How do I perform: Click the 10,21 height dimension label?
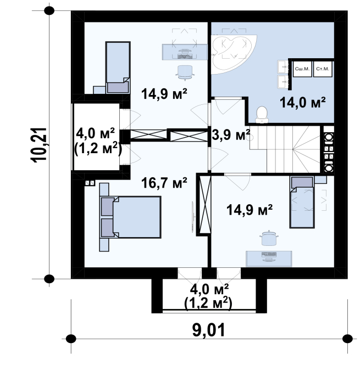pyautogui.click(x=39, y=145)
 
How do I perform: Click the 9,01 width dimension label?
pyautogui.click(x=209, y=330)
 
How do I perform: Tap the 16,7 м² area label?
pyautogui.click(x=164, y=183)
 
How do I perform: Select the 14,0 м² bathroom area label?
pyautogui.click(x=302, y=103)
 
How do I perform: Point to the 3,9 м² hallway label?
pyautogui.click(x=231, y=135)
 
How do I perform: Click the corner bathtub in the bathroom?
pyautogui.click(x=233, y=55)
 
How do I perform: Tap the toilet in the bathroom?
pyautogui.click(x=262, y=115)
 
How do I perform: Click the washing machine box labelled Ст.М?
pyautogui.click(x=323, y=69)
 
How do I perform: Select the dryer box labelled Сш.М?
pyautogui.click(x=302, y=69)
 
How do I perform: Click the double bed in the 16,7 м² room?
pyautogui.click(x=131, y=217)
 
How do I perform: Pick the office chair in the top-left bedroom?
pyautogui.click(x=185, y=72)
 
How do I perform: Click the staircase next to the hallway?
pyautogui.click(x=285, y=149)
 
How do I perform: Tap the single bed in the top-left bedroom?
pyautogui.click(x=118, y=68)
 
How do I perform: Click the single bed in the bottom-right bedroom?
pyautogui.click(x=302, y=202)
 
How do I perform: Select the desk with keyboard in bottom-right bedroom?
pyautogui.click(x=269, y=259)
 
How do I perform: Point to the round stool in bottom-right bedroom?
pyautogui.click(x=269, y=238)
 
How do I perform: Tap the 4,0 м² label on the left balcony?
pyautogui.click(x=96, y=133)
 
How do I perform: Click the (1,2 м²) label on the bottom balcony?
pyautogui.click(x=208, y=303)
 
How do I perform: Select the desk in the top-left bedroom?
pyautogui.click(x=185, y=52)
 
